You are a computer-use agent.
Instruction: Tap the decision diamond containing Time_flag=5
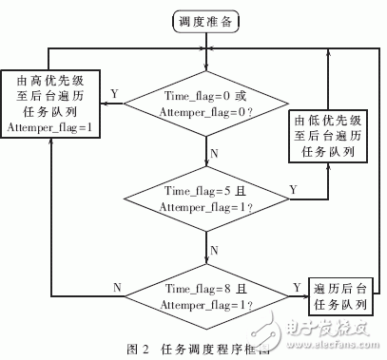(x=203, y=198)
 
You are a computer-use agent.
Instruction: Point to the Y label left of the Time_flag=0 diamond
(x=115, y=94)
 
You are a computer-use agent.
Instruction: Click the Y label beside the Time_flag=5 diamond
(x=292, y=189)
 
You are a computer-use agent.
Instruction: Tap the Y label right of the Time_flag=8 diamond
(x=297, y=286)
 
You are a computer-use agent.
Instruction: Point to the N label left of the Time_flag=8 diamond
(x=117, y=285)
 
